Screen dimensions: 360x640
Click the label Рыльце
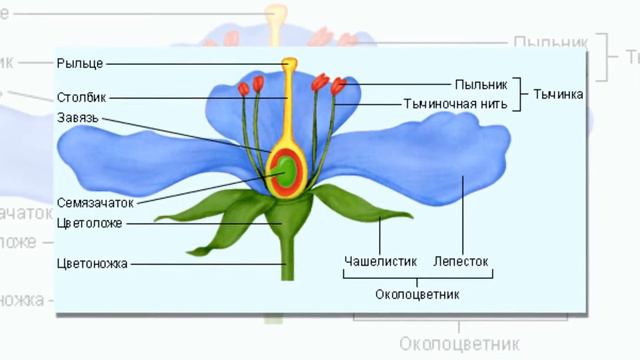coord(79,63)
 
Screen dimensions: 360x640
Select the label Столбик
coord(81,97)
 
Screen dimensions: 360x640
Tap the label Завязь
coord(77,118)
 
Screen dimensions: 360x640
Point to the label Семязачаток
coord(94,201)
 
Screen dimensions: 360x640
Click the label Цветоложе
coord(90,222)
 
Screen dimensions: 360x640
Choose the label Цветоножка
coord(93,264)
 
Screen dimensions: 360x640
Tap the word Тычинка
coord(558,94)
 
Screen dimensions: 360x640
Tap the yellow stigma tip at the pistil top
coord(290,65)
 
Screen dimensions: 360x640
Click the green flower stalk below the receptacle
coord(288,255)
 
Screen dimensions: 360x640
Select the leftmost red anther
coord(243,89)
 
